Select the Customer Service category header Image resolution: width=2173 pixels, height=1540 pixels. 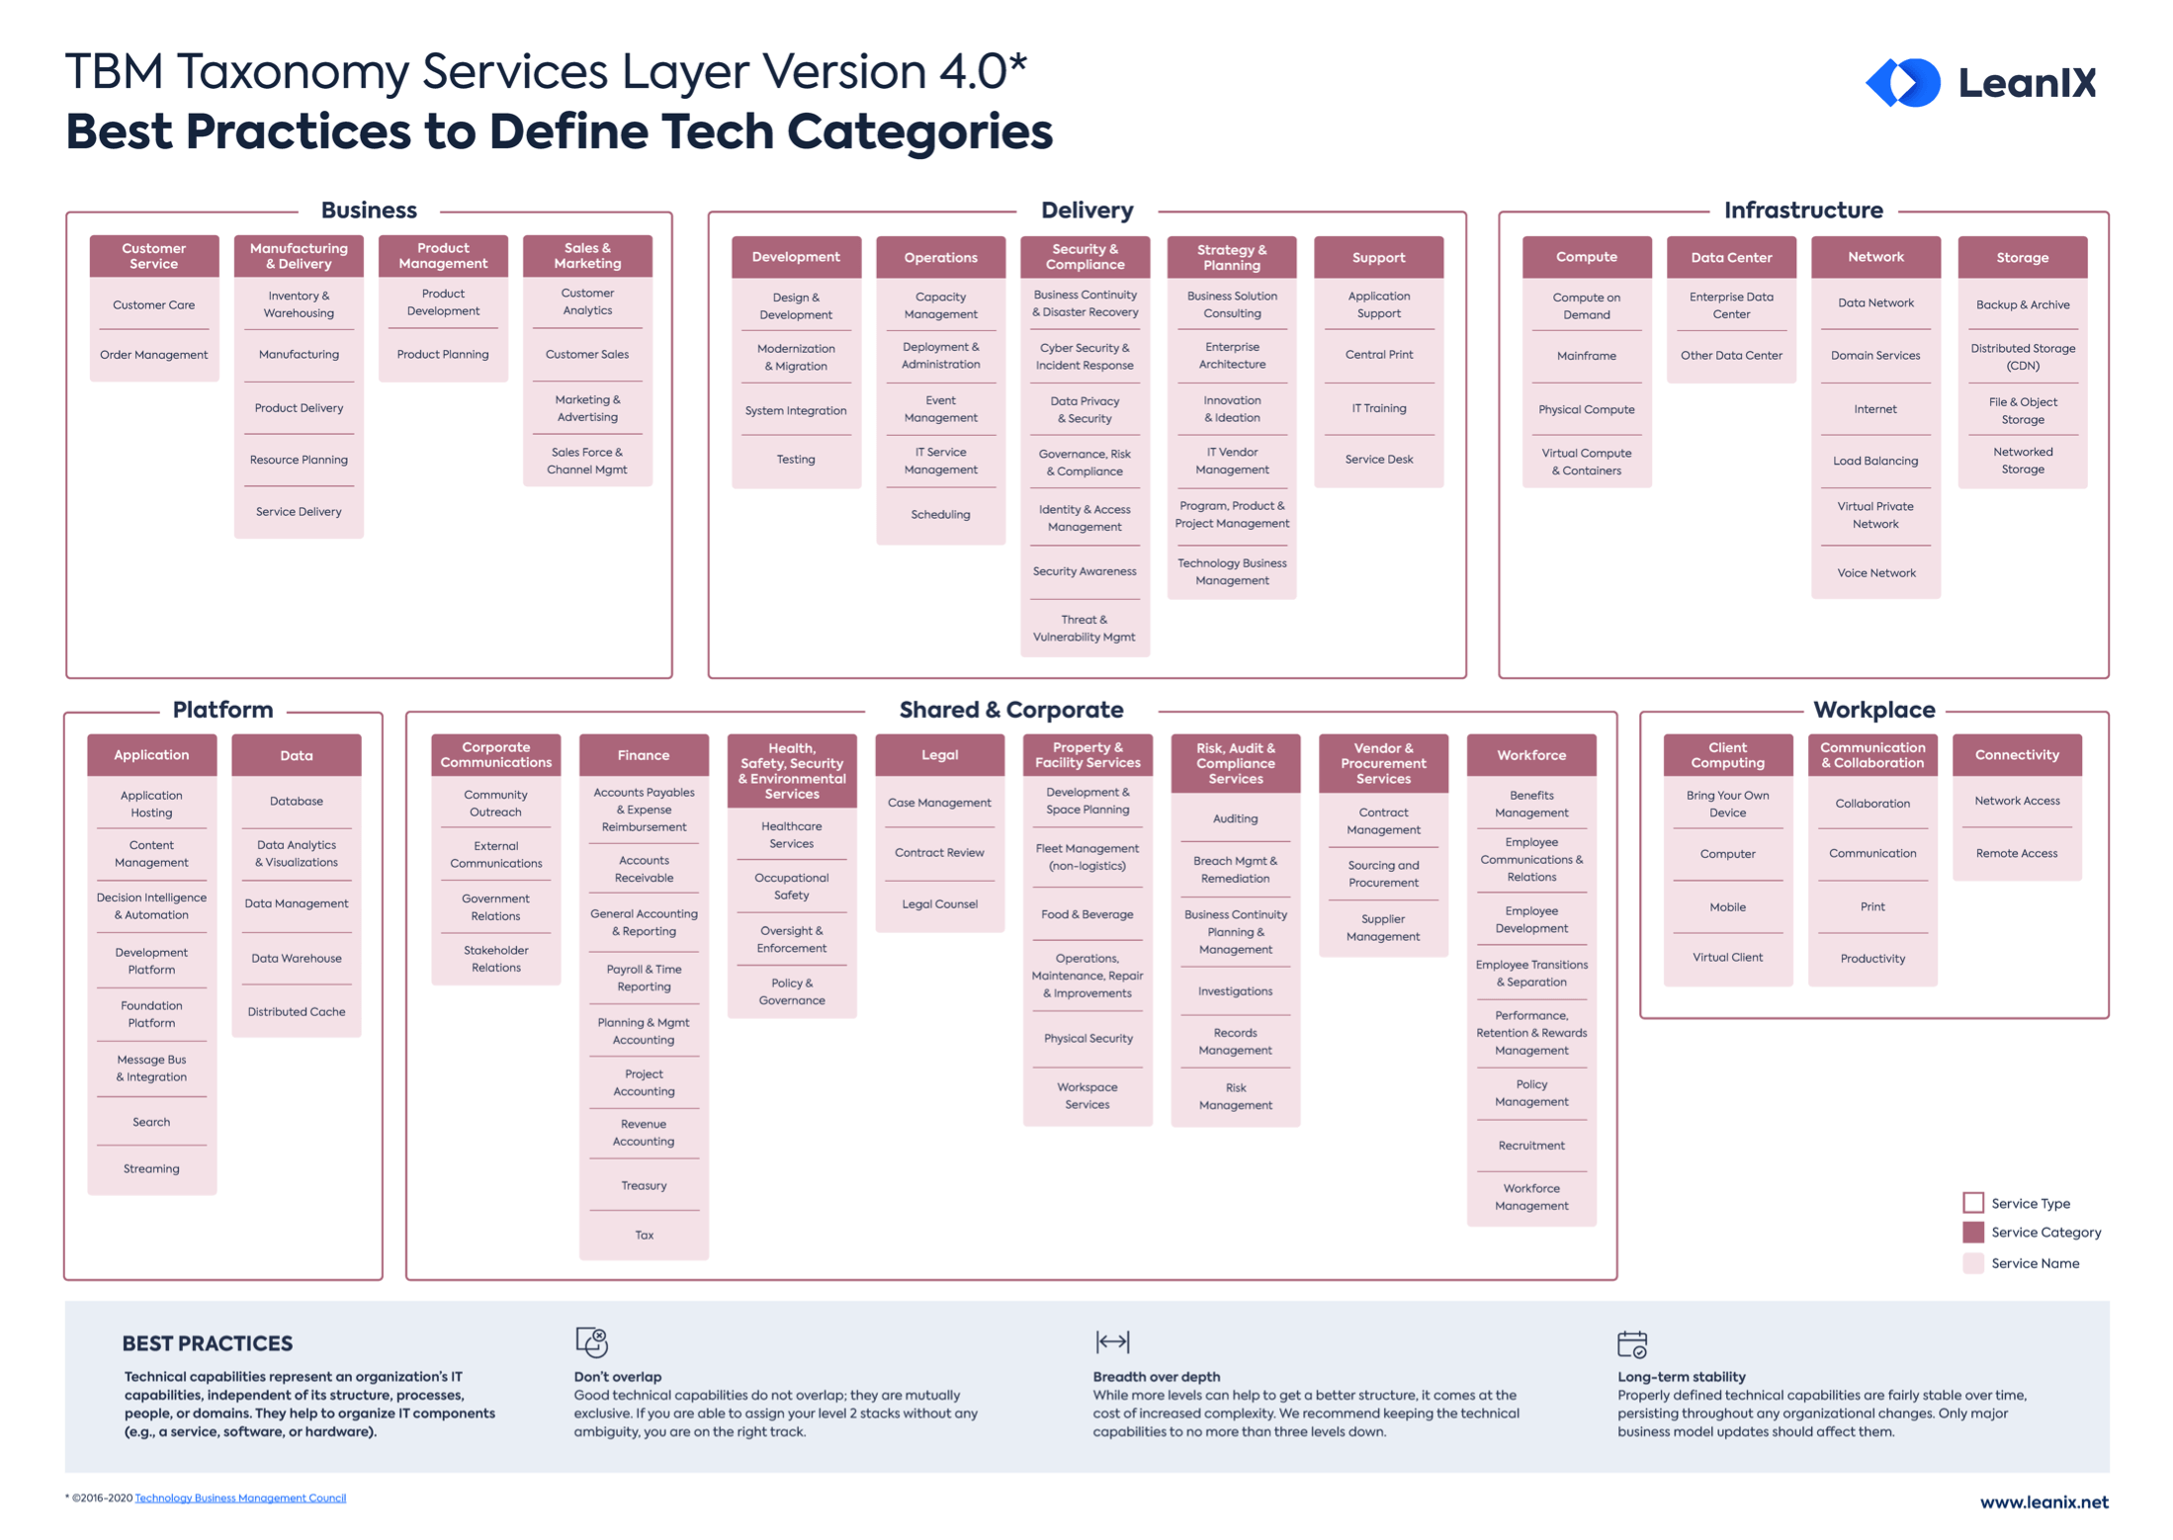(153, 256)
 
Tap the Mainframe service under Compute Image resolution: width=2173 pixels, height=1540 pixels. (1585, 356)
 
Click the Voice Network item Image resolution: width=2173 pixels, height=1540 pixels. (1874, 572)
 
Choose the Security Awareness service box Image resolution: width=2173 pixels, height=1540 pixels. (1084, 571)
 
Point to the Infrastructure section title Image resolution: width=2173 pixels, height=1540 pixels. (1802, 211)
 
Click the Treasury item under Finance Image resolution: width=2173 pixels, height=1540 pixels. (644, 1185)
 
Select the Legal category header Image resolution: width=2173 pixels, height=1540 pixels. (939, 755)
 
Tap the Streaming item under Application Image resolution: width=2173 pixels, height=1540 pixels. (151, 1168)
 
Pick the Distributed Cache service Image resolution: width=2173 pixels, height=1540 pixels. (296, 1011)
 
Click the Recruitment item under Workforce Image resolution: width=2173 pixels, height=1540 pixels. (1530, 1146)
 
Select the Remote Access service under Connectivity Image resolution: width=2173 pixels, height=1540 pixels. (2016, 853)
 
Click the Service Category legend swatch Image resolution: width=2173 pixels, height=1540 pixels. (1972, 1233)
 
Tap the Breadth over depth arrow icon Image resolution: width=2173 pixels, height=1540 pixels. (1112, 1341)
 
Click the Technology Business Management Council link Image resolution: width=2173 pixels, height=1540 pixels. (240, 1497)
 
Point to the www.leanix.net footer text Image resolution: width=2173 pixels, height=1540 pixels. (2043, 1501)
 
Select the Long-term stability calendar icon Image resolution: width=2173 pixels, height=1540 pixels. (1631, 1343)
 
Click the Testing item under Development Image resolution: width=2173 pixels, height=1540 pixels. (795, 460)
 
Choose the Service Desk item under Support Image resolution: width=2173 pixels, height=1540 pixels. (1378, 460)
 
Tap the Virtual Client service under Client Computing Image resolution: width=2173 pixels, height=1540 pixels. (1726, 957)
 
